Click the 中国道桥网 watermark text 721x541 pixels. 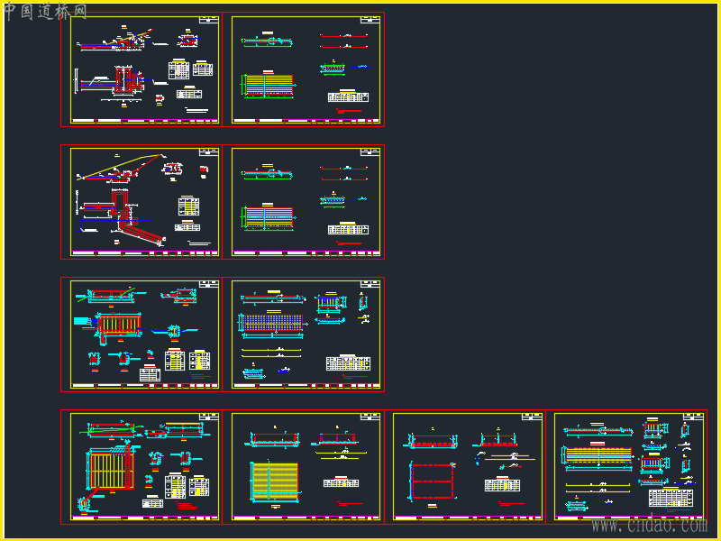point(45,12)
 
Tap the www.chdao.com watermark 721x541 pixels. point(648,525)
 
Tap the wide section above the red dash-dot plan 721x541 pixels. point(434,441)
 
